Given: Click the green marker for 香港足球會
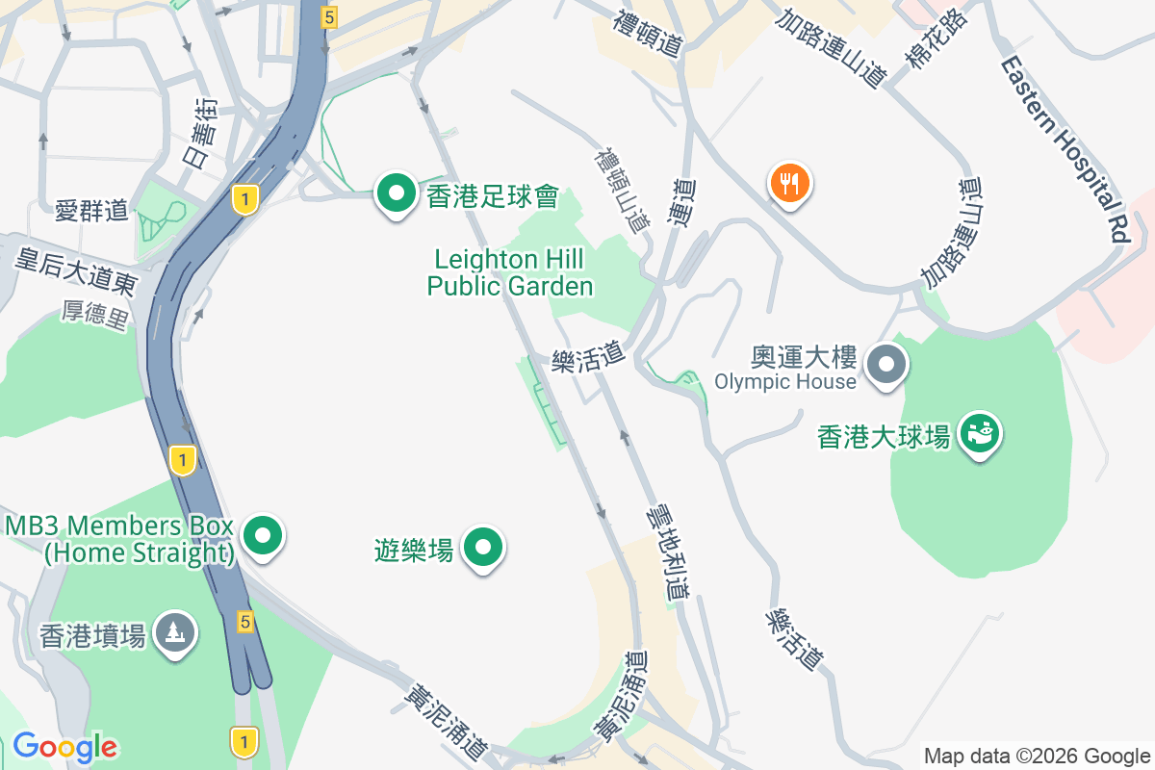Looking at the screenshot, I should point(395,192).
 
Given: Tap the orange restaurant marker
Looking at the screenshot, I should point(789,182).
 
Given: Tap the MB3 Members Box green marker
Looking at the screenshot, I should point(262,535).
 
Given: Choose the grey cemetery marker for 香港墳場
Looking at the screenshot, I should point(174,633).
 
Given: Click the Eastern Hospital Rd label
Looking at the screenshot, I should point(1064,149).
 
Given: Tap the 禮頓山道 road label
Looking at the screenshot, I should point(622,189).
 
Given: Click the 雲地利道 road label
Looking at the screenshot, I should point(669,550).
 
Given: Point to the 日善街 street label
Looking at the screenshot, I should point(201,134).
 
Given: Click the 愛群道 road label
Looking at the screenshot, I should point(91,210).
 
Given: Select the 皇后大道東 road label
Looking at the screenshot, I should point(76,269).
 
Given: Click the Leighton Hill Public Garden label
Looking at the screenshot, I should point(510,272).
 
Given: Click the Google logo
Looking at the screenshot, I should point(64,747).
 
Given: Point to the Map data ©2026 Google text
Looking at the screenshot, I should point(1037,756).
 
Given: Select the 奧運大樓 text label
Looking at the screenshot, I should point(804,358).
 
